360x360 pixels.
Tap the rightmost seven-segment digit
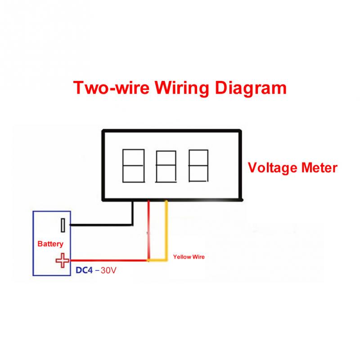point(198,166)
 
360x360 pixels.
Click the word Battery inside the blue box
point(50,244)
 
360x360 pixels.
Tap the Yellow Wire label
point(189,257)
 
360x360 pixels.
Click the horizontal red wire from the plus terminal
point(108,260)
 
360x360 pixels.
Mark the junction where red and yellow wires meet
point(149,260)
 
